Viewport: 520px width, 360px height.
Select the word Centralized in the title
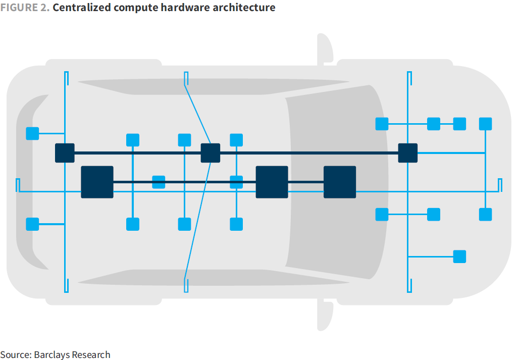pos(80,8)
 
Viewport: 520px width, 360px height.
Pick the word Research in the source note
pos(91,354)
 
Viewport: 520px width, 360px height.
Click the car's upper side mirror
pos(325,49)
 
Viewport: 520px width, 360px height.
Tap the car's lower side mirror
pos(325,315)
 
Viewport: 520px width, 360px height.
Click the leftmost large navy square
pos(97,182)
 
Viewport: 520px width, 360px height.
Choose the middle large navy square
pos(272,182)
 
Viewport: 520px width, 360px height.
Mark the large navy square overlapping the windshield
pos(339,182)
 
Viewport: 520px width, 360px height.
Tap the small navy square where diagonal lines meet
pos(210,153)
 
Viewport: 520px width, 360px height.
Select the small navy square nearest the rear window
pos(65,153)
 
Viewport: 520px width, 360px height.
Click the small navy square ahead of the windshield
pos(407,153)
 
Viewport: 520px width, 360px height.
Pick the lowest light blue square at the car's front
pos(459,256)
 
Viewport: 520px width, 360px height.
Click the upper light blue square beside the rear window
pos(32,133)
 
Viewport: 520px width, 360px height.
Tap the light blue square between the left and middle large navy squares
pos(159,182)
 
